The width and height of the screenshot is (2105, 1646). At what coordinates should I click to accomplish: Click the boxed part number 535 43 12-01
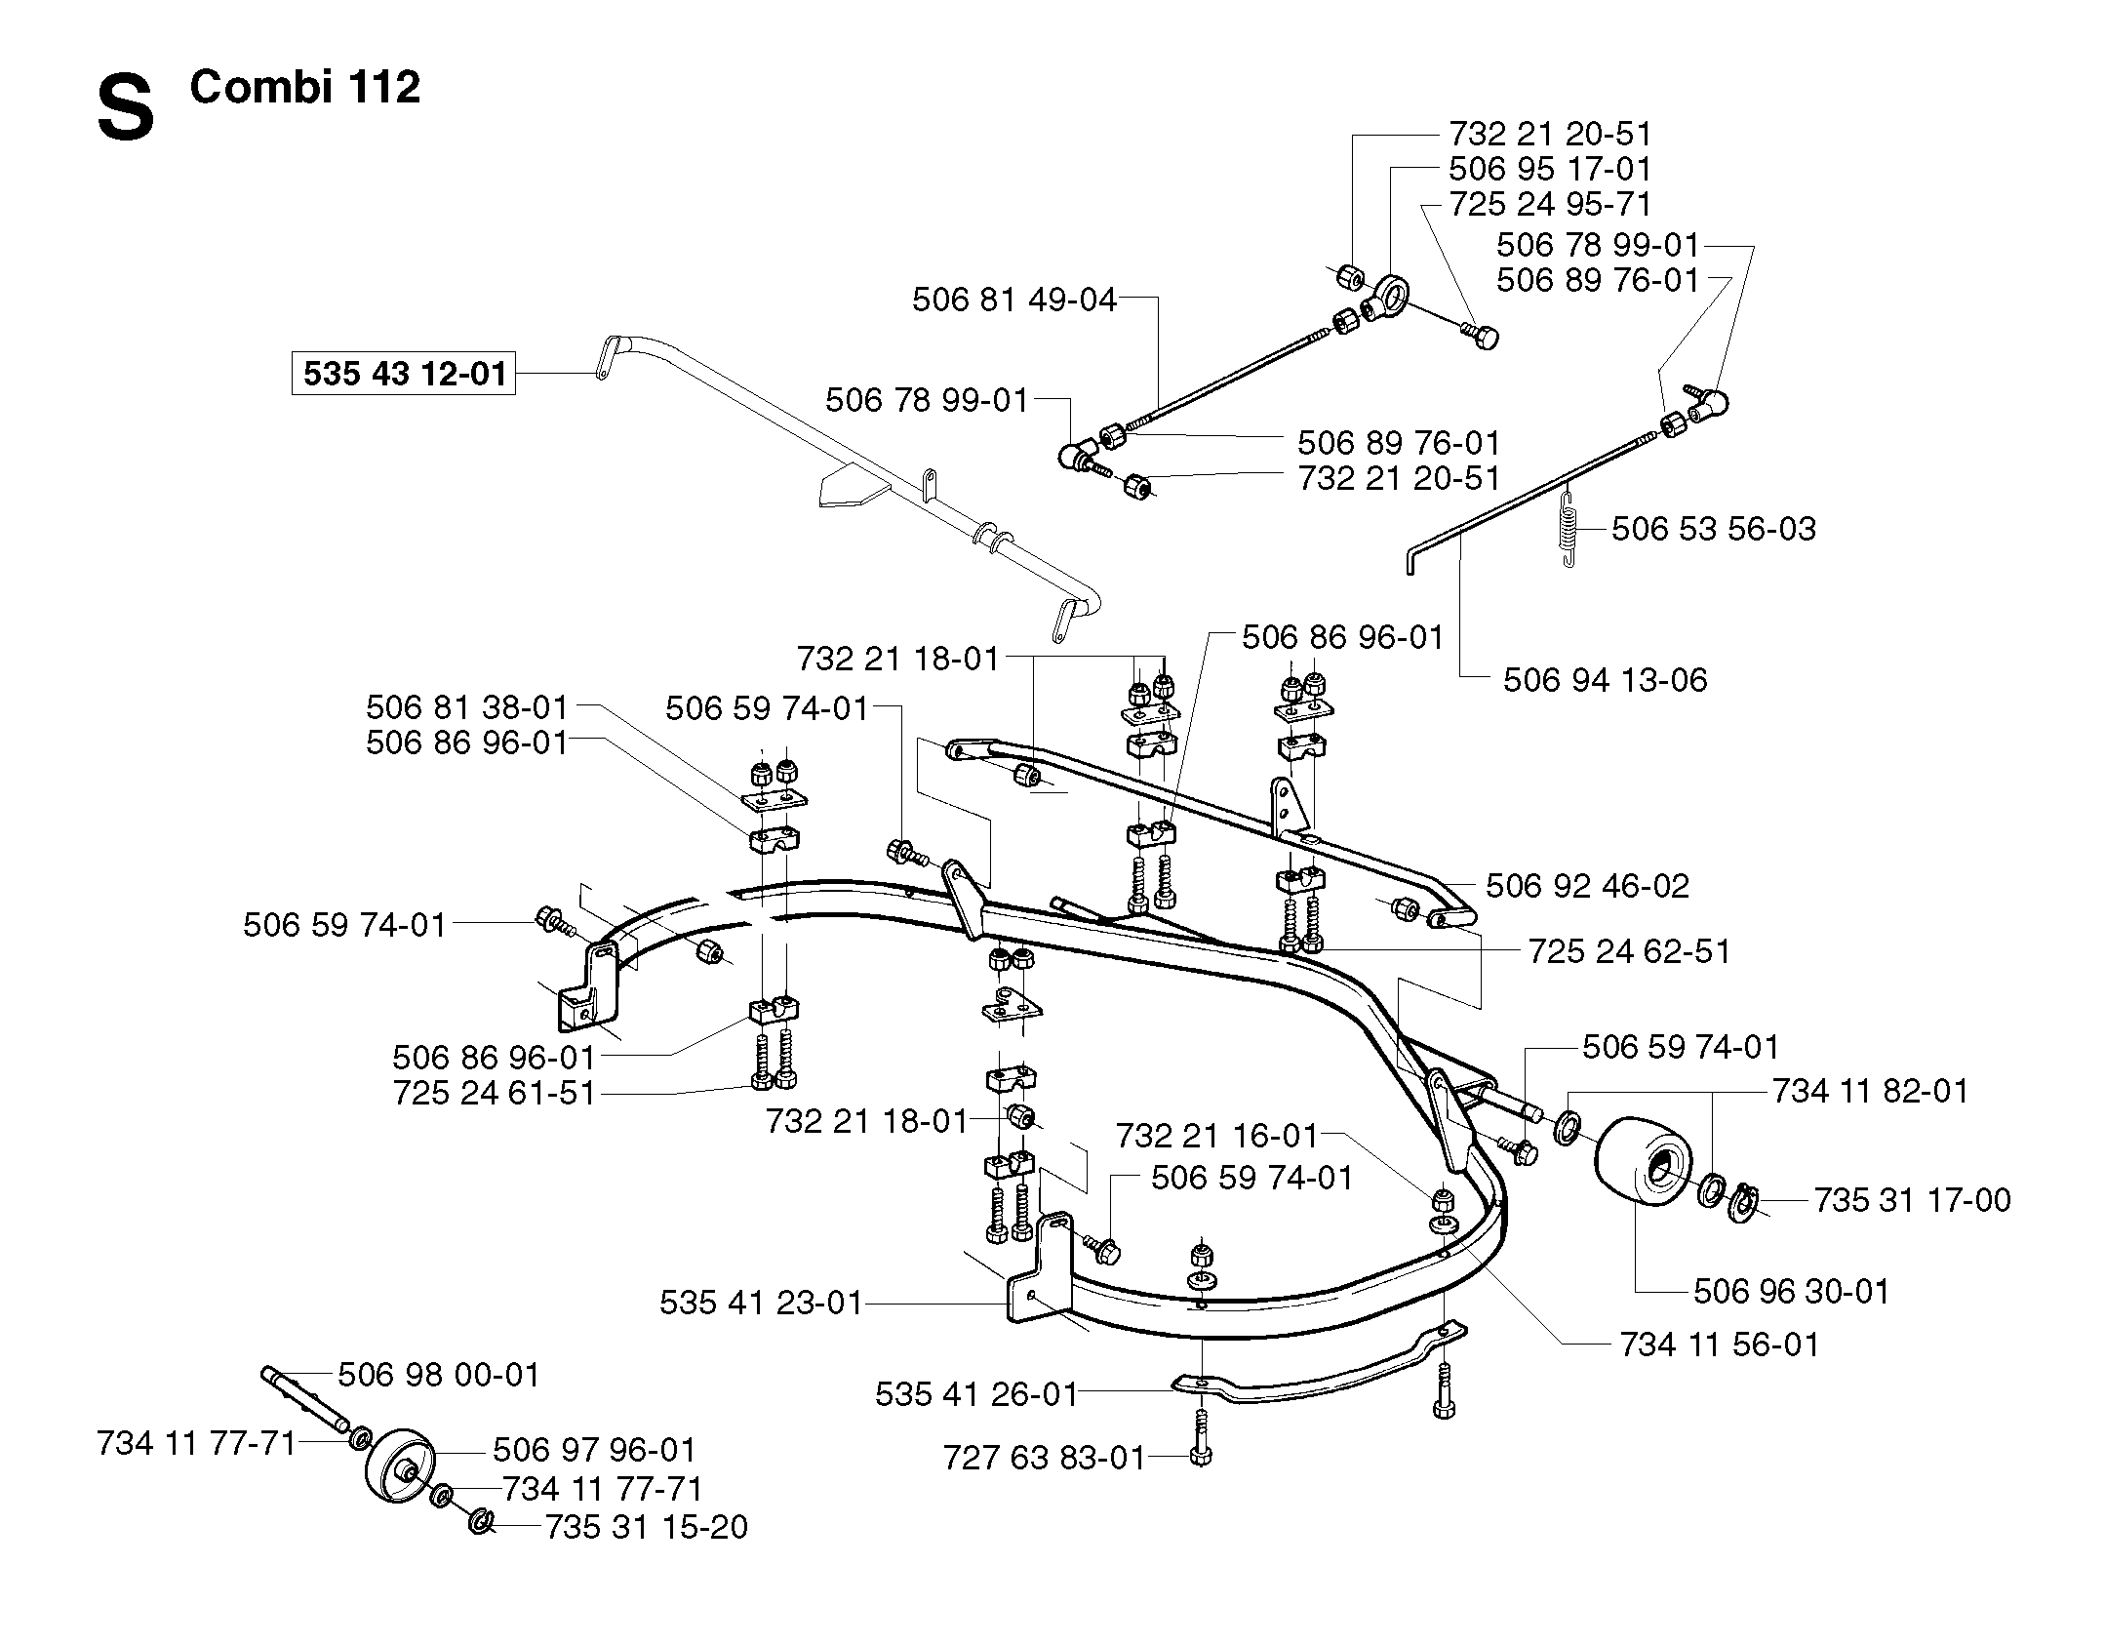[404, 374]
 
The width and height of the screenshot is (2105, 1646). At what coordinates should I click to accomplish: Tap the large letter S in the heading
[126, 110]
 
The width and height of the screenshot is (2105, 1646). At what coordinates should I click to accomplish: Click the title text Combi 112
[304, 87]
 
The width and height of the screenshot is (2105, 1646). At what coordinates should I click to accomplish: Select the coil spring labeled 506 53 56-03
[1568, 526]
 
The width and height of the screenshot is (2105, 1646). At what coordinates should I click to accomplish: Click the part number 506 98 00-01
[438, 1375]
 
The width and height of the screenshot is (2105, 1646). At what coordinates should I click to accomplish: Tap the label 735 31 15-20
[646, 1527]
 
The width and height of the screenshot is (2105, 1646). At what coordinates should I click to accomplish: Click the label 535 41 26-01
[976, 1394]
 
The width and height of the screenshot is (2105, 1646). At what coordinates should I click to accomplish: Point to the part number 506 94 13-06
[1606, 679]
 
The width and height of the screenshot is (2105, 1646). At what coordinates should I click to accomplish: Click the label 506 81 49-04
[1014, 300]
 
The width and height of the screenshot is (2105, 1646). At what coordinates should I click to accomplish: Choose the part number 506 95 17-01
[1550, 169]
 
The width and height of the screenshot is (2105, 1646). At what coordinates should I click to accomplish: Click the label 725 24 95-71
[1550, 204]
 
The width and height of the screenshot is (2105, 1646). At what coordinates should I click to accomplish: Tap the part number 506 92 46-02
[1587, 886]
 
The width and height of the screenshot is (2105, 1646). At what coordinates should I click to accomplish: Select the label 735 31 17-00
[1912, 1199]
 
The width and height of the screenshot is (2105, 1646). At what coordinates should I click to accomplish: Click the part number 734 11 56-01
[1720, 1345]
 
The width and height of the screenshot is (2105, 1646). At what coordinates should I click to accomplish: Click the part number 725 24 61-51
[494, 1093]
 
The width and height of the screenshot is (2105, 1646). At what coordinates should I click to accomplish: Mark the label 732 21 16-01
[1216, 1136]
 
